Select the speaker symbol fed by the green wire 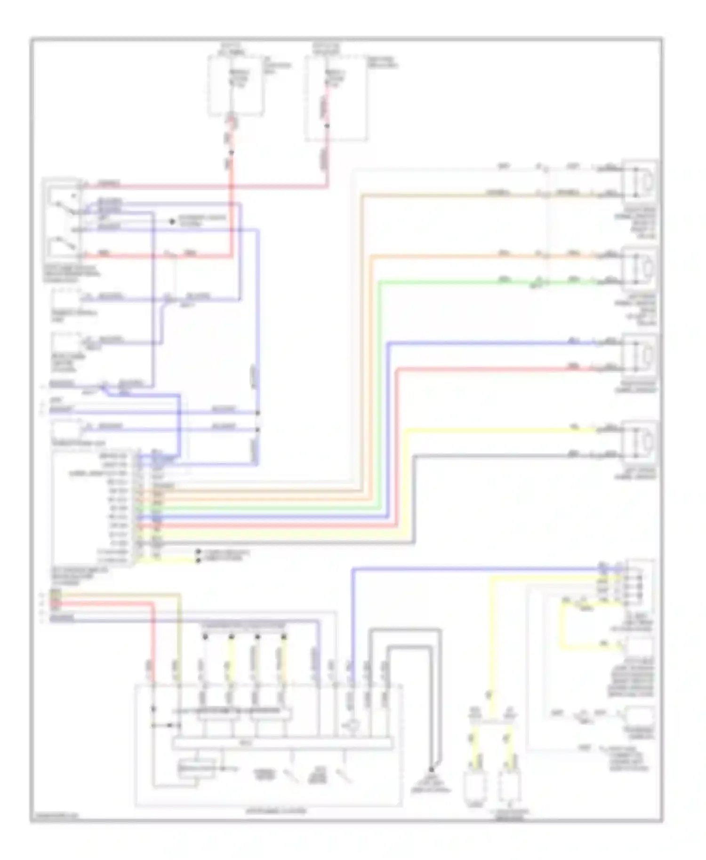(x=640, y=269)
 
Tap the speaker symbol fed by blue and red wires (x=640, y=355)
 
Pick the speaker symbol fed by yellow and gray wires (x=640, y=442)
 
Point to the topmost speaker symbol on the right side (x=640, y=181)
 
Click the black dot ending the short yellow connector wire (x=198, y=560)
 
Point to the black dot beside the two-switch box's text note (x=172, y=221)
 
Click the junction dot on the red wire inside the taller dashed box (x=328, y=126)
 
